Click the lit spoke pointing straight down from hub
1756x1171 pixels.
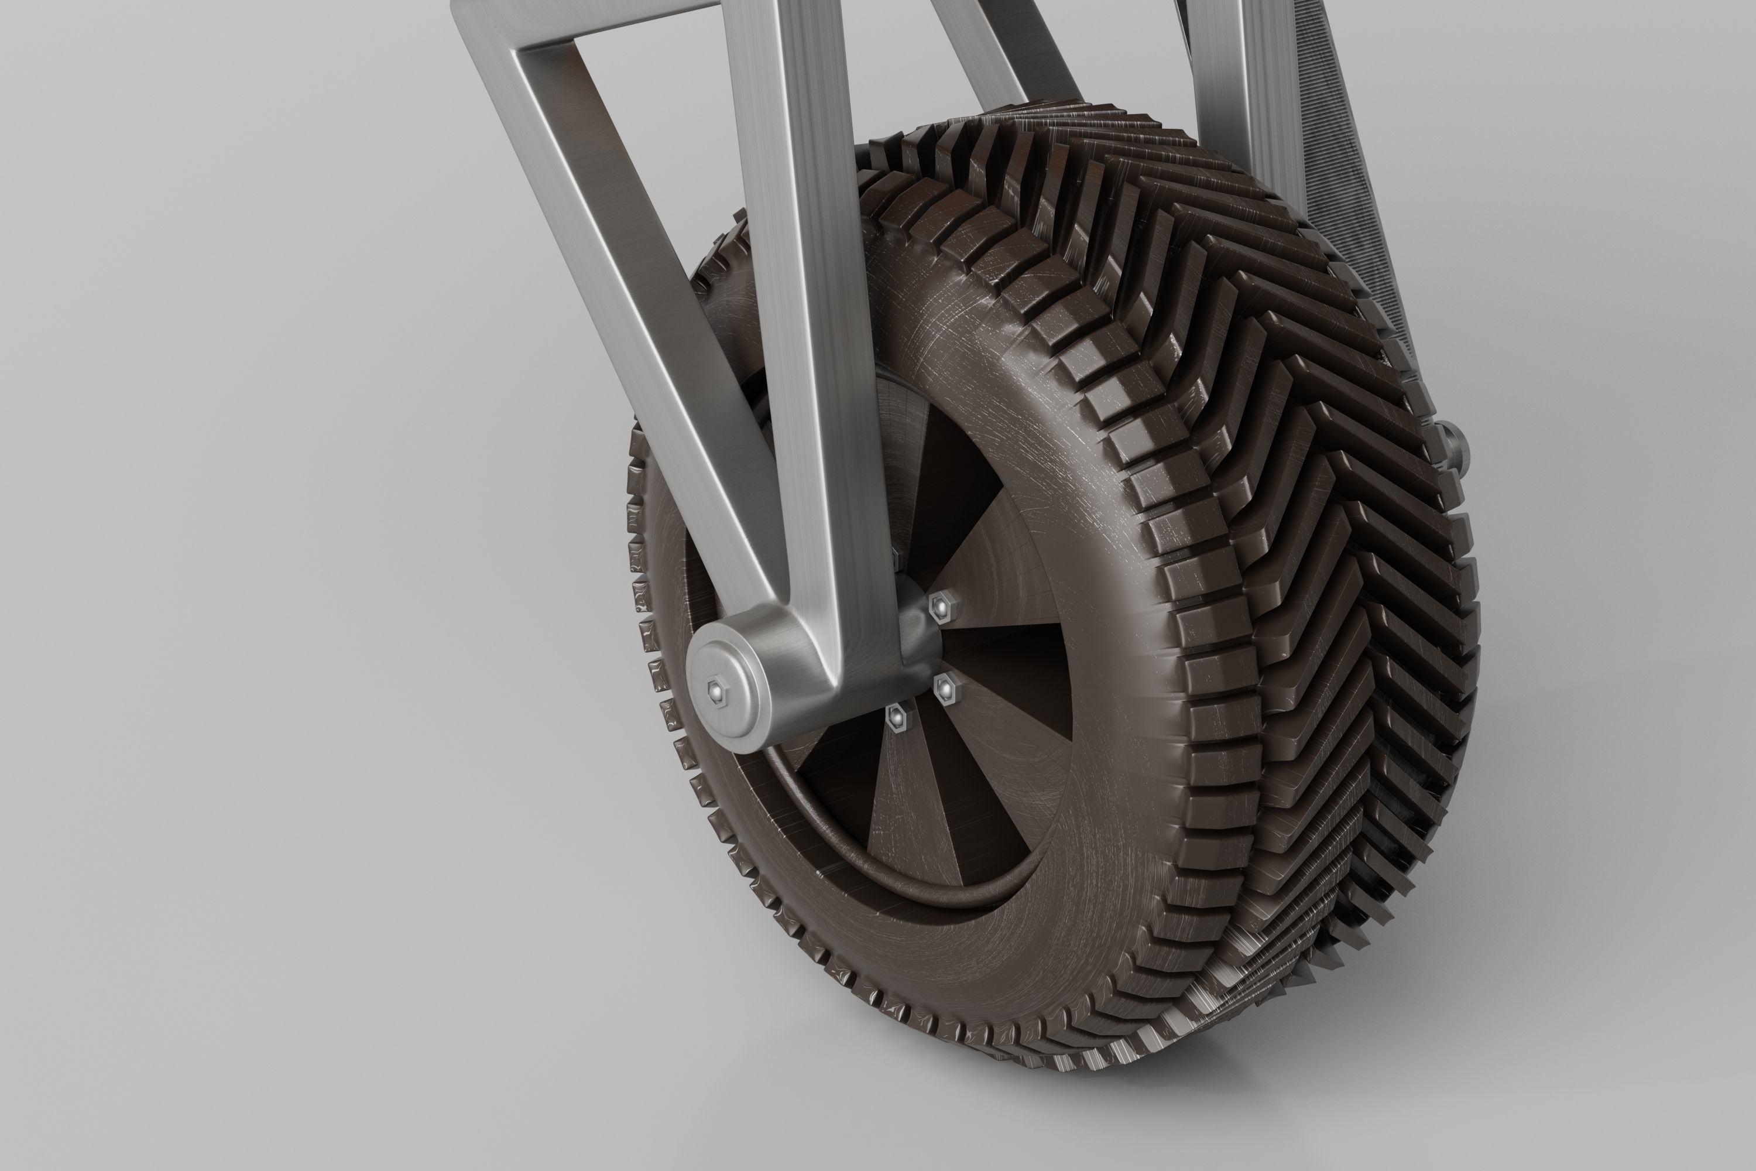click(x=907, y=807)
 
